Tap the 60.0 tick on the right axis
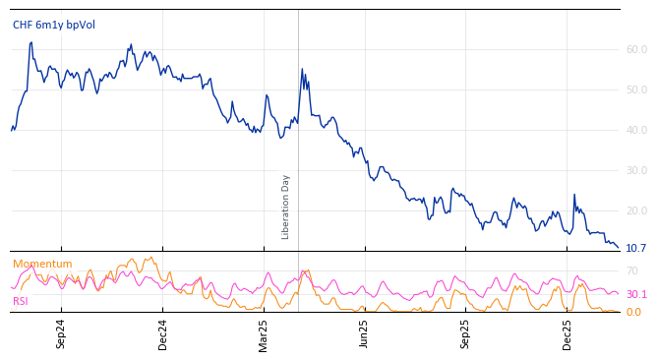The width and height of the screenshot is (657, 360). click(636, 49)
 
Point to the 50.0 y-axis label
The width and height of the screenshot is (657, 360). click(636, 90)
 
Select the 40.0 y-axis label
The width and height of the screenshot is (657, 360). click(636, 130)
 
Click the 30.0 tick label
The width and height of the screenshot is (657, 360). click(636, 170)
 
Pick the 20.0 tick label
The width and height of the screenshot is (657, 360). click(636, 210)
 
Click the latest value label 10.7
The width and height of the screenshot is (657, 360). click(636, 248)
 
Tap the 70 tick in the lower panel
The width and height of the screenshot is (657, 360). click(632, 270)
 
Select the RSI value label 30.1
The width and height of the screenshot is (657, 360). click(636, 294)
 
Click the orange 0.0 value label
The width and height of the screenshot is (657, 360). click(633, 312)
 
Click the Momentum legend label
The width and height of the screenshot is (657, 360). click(42, 264)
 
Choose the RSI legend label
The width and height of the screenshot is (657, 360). click(21, 301)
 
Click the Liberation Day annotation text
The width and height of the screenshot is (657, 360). click(286, 207)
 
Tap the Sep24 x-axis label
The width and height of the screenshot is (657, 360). click(61, 334)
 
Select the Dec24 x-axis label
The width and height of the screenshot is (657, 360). click(163, 334)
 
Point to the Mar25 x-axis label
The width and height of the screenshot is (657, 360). click(264, 334)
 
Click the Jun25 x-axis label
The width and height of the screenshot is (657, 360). click(364, 334)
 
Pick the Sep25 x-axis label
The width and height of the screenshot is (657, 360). click(465, 334)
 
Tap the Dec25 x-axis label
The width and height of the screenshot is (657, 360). click(567, 334)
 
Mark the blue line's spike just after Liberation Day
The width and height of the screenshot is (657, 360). click(302, 70)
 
